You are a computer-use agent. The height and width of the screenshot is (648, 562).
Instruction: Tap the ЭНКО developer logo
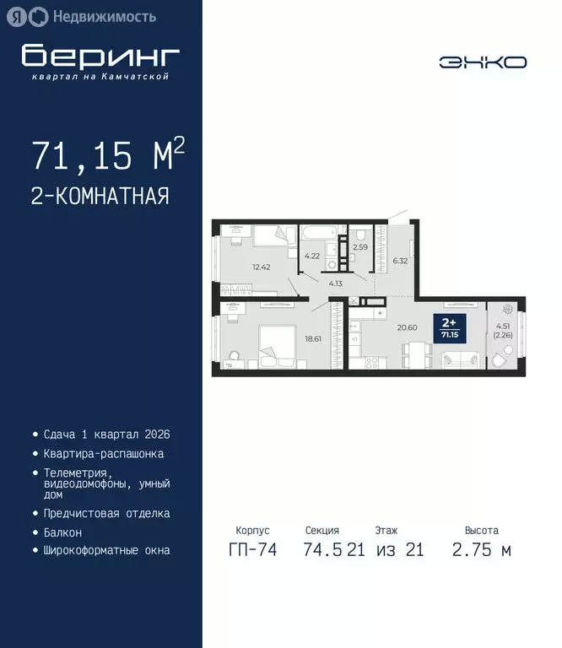click(x=483, y=62)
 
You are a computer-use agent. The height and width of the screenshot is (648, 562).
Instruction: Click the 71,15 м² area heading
click(x=107, y=156)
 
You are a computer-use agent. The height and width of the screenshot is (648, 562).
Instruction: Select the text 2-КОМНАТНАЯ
click(x=100, y=197)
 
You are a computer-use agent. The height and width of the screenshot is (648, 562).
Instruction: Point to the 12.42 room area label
click(x=260, y=268)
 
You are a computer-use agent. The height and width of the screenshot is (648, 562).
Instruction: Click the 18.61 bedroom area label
click(x=315, y=338)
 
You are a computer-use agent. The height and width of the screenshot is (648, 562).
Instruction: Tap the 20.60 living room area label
click(x=408, y=327)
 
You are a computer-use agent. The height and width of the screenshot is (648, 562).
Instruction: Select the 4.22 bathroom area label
click(x=311, y=256)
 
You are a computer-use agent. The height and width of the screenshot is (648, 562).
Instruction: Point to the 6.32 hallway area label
click(x=400, y=261)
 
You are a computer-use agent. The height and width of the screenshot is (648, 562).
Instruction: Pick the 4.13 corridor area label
click(x=336, y=285)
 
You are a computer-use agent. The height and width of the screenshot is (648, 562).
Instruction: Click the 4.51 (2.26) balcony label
click(x=503, y=331)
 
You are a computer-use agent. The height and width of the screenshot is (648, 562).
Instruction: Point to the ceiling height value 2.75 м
click(x=481, y=551)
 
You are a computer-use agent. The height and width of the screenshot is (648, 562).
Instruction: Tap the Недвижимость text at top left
click(x=104, y=16)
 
